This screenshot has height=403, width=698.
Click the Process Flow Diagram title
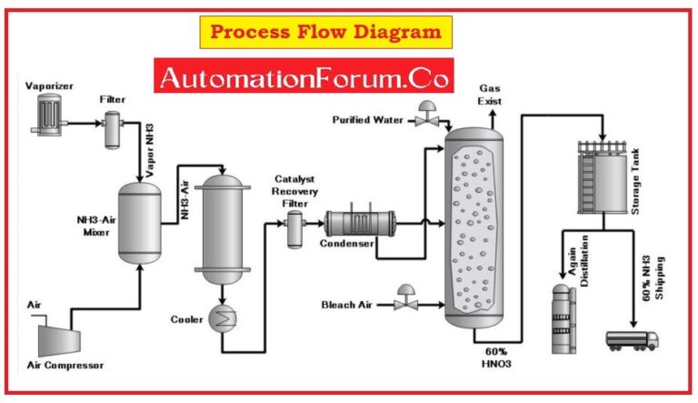point(325,33)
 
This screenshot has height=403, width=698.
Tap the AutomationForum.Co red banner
point(304,78)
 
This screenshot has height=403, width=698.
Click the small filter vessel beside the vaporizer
point(114,129)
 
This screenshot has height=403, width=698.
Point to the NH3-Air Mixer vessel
point(139,223)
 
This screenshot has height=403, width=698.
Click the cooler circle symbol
point(222,317)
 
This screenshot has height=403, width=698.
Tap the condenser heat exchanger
point(360,223)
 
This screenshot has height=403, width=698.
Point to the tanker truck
point(633,340)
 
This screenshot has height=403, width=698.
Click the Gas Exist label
point(491,93)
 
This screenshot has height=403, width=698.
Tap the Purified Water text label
point(367,119)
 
